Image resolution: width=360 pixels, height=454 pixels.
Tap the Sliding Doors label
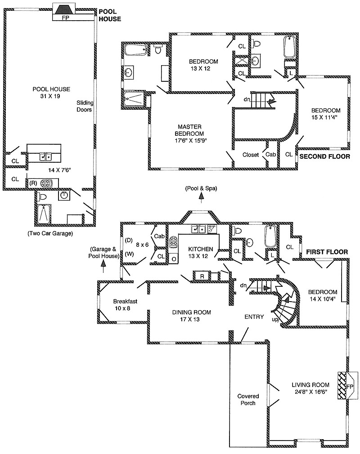click(84, 106)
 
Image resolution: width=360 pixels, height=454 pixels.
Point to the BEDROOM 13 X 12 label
click(203, 65)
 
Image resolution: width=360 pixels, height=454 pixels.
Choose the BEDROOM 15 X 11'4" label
click(326, 114)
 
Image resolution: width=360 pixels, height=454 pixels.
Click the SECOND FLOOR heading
click(324, 156)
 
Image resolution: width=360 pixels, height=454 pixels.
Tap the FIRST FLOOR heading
click(327, 252)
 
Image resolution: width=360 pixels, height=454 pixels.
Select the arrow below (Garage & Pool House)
click(103, 267)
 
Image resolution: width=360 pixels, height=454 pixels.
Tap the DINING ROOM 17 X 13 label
click(192, 316)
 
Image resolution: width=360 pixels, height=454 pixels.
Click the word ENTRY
click(254, 317)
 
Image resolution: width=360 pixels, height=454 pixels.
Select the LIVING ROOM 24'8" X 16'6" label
click(310, 388)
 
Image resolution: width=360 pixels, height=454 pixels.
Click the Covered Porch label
click(248, 400)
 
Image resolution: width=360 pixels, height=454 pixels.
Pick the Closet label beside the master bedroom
click(250, 155)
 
